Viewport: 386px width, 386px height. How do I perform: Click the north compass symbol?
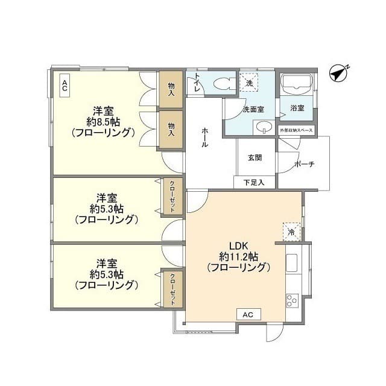pos(339,74)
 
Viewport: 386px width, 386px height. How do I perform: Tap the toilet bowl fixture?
pos(224,83)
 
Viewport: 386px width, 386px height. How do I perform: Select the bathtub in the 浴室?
pos(297,84)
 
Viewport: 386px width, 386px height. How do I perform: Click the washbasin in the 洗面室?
pos(264,127)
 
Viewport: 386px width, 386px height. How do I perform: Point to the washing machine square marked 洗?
pos(249,82)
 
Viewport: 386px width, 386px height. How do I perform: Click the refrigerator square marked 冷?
pos(291,232)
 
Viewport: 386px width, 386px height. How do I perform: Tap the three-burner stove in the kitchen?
pos(292,300)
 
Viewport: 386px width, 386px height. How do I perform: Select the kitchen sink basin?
pos(292,263)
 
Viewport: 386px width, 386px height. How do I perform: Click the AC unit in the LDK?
pos(248,314)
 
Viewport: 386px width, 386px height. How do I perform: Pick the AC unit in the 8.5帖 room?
pos(65,86)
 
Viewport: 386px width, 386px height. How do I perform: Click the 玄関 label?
pos(255,157)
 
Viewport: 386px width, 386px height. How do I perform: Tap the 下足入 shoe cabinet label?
pos(254,182)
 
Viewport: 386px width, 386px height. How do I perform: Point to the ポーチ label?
pos(305,164)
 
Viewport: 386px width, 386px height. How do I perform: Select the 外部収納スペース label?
pos(296,130)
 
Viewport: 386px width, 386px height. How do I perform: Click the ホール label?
pos(204,138)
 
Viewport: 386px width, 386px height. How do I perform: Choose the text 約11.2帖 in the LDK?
pos(238,257)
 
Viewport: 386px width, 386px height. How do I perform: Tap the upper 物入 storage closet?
pos(171,89)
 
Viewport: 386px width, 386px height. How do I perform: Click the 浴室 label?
pos(297,108)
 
